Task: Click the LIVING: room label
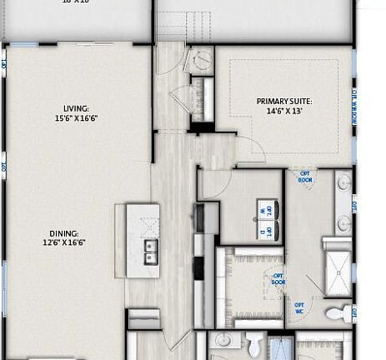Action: [76, 107]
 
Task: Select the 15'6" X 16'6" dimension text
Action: [76, 118]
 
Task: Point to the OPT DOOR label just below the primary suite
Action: [306, 177]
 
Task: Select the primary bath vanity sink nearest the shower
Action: [344, 222]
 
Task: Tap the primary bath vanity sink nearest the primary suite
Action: [344, 183]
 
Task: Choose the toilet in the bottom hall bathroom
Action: [256, 343]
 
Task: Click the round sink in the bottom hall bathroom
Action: [223, 342]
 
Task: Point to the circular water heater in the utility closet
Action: [203, 59]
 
